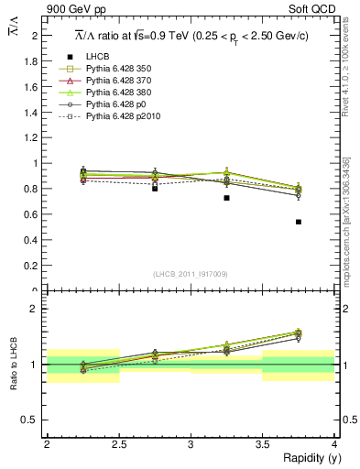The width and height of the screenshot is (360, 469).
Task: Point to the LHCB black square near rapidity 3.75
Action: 298,222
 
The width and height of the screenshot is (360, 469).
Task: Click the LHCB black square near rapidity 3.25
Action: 226,197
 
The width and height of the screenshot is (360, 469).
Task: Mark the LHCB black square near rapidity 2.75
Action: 155,188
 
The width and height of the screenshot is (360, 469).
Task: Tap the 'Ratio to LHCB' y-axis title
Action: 13,365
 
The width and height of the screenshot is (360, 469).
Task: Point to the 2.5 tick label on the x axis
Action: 118,444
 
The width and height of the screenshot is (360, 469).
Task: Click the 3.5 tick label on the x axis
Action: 262,444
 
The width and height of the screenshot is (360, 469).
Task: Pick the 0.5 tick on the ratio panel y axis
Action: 34,420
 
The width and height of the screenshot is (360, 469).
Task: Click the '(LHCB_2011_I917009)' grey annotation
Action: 190,273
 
